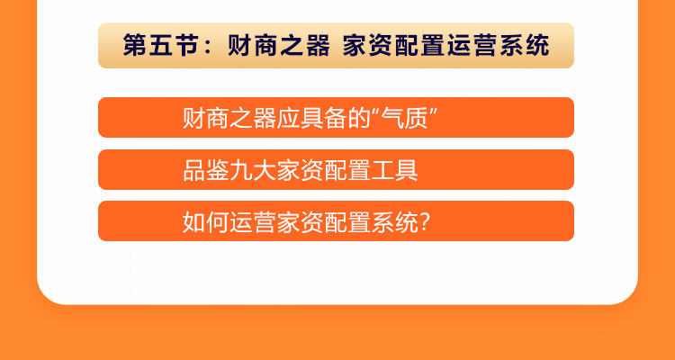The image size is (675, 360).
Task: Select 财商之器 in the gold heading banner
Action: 278,45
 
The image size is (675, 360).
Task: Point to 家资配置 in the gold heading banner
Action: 394,45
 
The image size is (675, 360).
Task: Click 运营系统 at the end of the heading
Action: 498,45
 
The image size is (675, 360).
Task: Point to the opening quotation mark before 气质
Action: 376,111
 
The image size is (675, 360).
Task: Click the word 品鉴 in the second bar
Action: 206,170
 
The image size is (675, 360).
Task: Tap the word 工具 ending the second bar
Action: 394,170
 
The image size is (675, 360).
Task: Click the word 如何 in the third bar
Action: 206,221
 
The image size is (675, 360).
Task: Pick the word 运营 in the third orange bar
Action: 253,221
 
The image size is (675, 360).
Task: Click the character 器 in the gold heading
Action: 318,45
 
